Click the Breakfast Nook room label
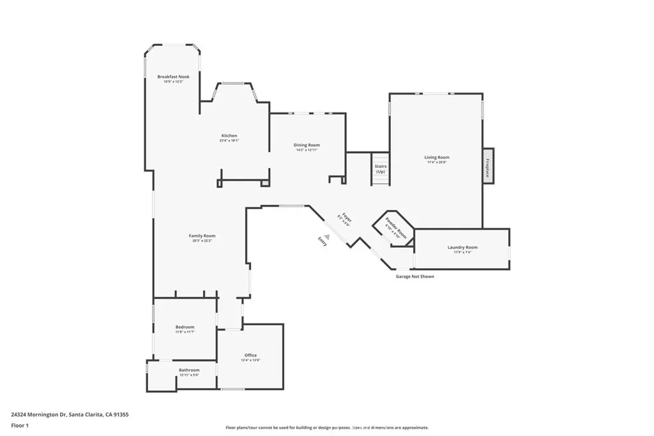[x=173, y=77]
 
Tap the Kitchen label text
[x=229, y=135]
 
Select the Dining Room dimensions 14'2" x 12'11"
[x=307, y=150]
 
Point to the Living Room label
[x=437, y=157]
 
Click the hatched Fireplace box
[x=489, y=167]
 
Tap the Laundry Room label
[x=462, y=247]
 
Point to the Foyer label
[x=346, y=217]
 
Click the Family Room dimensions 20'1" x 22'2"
[x=202, y=241]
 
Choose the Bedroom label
[x=185, y=327]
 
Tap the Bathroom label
[x=189, y=370]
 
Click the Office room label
[x=250, y=355]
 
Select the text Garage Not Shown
[x=414, y=276]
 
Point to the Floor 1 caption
[x=20, y=425]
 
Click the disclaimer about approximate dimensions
[x=327, y=428]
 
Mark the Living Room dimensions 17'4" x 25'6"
[x=437, y=162]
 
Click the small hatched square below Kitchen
[x=265, y=183]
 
